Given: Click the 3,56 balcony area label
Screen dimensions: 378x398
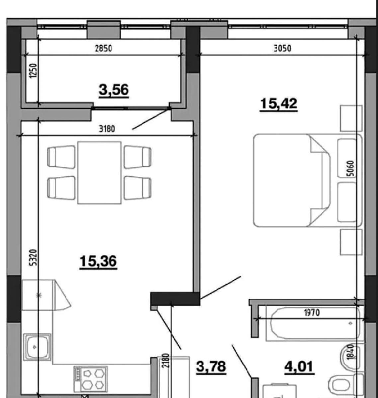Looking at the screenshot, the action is (114, 90).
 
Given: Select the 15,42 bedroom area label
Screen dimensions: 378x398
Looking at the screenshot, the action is (279, 104).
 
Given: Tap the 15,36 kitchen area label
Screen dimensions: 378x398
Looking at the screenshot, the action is (98, 261).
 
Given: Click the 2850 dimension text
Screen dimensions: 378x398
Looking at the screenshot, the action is (103, 48).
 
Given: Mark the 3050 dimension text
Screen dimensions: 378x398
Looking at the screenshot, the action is (282, 48).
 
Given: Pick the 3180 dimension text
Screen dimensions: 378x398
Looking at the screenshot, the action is (107, 129).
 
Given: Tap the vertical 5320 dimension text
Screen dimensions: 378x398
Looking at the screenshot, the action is (33, 257).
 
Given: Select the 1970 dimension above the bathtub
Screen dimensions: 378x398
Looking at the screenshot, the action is (312, 313).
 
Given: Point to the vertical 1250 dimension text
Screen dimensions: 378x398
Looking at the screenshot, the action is (33, 71).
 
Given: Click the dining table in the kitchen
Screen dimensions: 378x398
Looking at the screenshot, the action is (99, 172).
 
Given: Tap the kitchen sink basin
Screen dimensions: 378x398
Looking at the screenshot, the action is (37, 347).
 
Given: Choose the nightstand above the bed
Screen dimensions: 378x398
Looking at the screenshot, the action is (351, 118).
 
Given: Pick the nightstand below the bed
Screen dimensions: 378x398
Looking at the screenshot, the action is (351, 242).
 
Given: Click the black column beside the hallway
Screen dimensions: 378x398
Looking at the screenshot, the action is (175, 298).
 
